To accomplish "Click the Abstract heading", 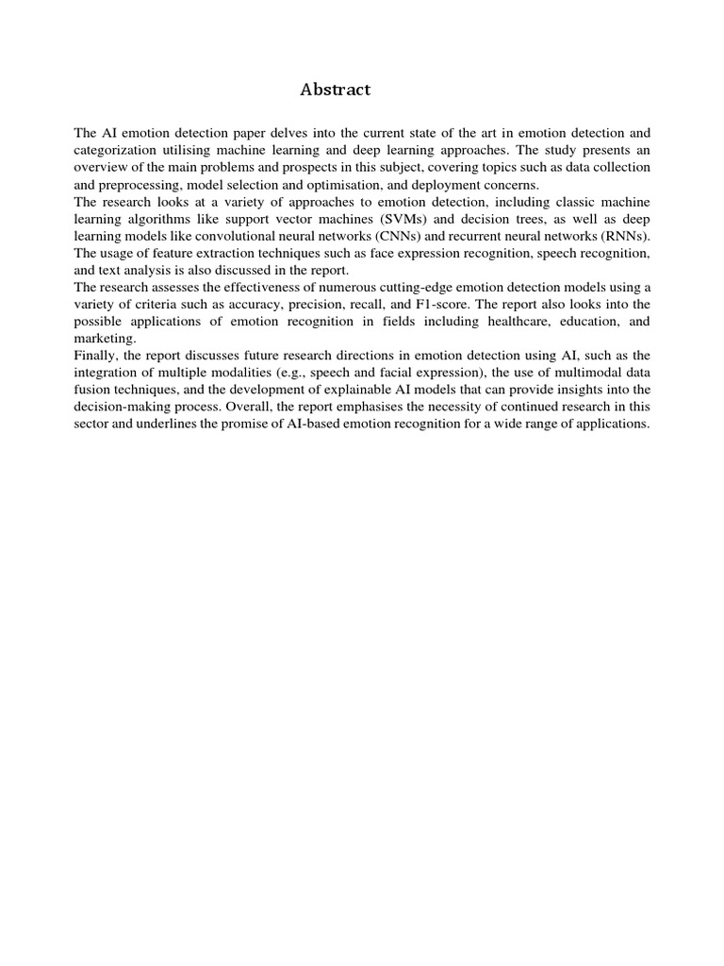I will pos(336,90).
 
